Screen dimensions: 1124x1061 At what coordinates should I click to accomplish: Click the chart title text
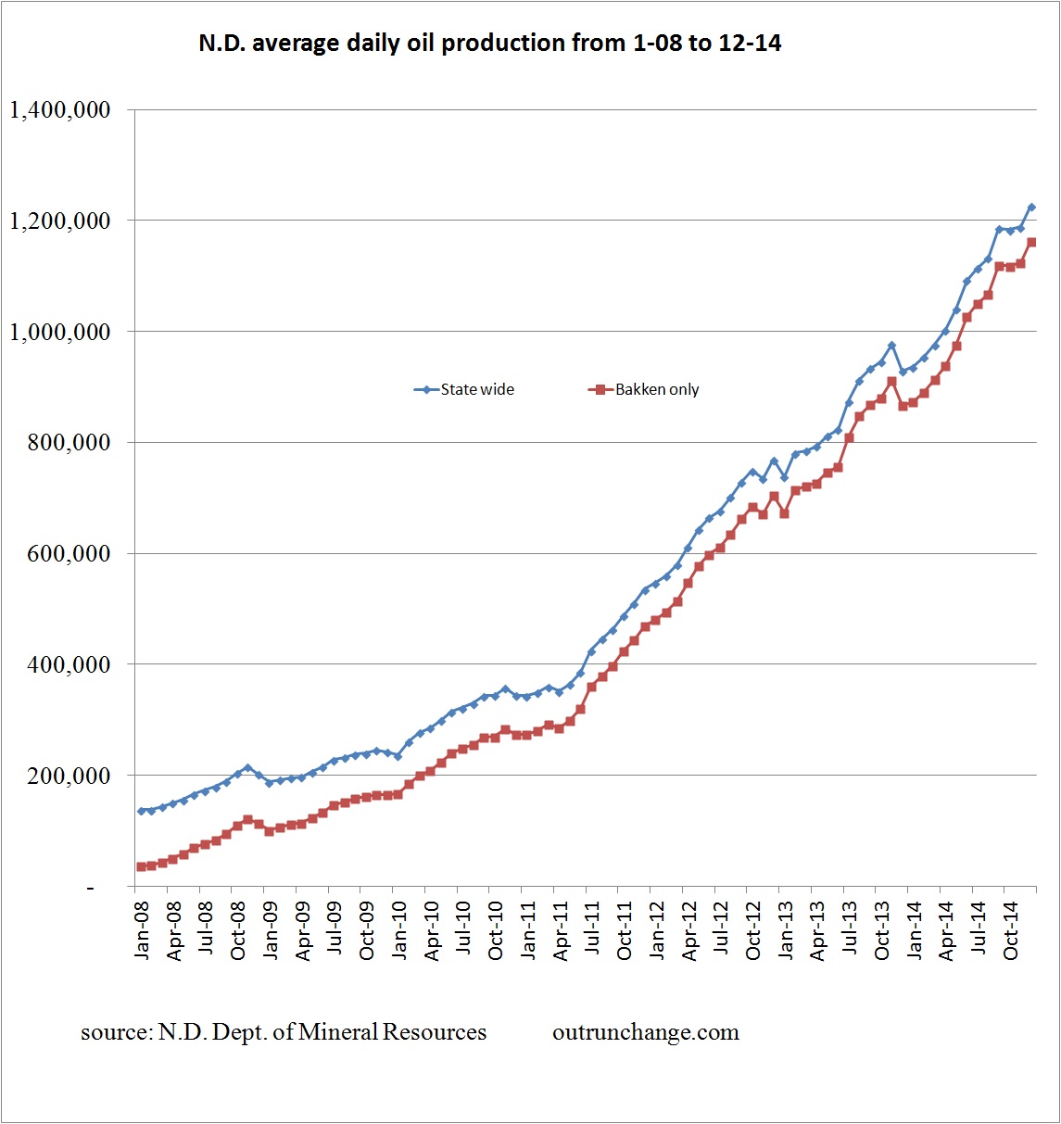(x=489, y=44)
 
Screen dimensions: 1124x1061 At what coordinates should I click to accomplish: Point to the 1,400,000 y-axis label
(x=59, y=110)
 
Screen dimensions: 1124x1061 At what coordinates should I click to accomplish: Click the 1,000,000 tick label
(x=59, y=332)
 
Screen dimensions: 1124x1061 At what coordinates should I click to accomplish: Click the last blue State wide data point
(x=1031, y=208)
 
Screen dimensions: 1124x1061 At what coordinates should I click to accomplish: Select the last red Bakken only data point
(x=1031, y=243)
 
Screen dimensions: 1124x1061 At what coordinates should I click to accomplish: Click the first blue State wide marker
(x=141, y=811)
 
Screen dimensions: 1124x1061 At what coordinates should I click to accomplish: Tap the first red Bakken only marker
(x=141, y=866)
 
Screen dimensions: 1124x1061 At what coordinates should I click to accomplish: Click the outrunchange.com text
(x=646, y=1032)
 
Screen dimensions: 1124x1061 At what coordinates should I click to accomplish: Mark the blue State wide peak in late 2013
(x=891, y=346)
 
